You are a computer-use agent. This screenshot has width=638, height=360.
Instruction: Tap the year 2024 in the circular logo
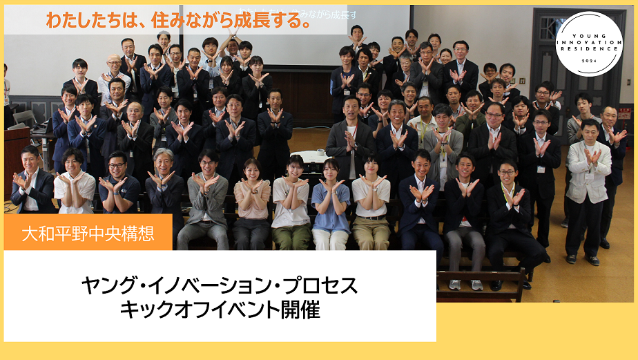(x=588, y=61)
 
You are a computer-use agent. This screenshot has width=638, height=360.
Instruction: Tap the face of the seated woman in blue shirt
(x=329, y=168)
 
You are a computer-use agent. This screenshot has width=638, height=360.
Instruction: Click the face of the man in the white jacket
(x=589, y=130)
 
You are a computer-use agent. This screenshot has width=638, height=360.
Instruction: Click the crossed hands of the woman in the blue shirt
(x=332, y=185)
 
